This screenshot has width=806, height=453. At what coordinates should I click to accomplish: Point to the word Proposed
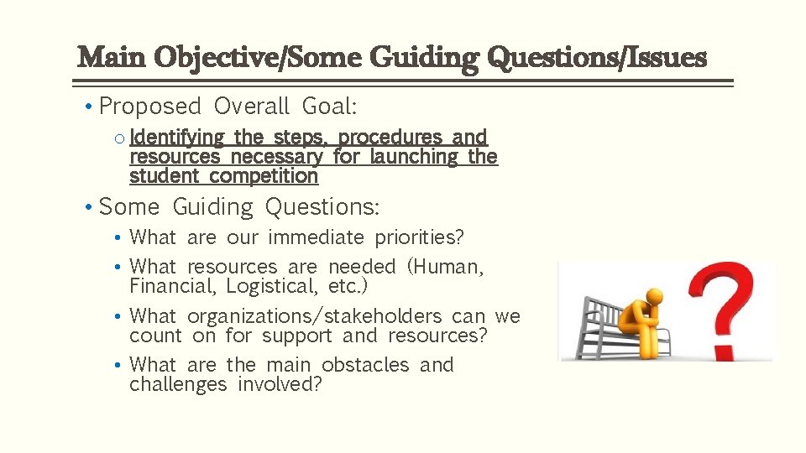coord(150,107)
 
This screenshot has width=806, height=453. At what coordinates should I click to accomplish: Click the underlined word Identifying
coord(177,137)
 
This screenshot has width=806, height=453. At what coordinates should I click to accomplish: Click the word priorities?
coord(414,237)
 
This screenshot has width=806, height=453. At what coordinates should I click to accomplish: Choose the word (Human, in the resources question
coord(445,267)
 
